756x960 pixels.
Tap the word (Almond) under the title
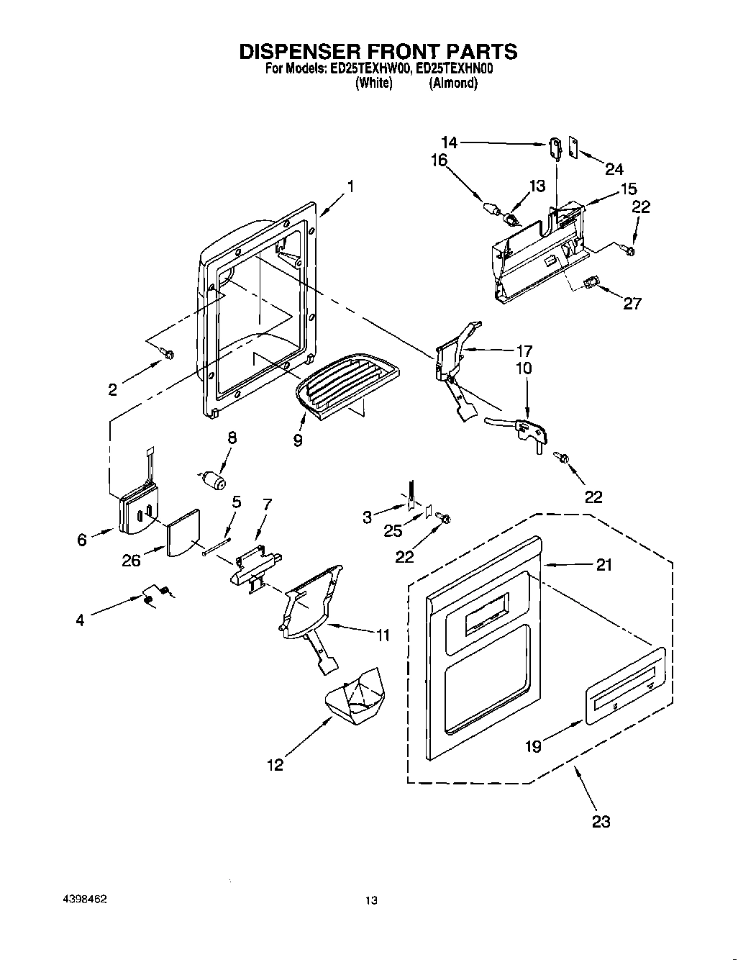[453, 83]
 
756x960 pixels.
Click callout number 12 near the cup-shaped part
[275, 764]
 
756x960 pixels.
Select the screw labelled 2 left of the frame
[168, 355]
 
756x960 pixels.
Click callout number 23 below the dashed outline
[601, 821]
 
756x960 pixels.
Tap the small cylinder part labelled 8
[214, 479]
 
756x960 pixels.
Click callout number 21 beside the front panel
[604, 566]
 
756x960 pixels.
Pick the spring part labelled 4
[155, 594]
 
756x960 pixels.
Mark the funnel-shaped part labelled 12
[354, 697]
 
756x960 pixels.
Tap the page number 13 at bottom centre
[371, 900]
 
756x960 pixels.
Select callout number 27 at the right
[632, 303]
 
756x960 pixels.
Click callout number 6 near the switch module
[81, 540]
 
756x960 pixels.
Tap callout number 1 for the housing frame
[350, 186]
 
